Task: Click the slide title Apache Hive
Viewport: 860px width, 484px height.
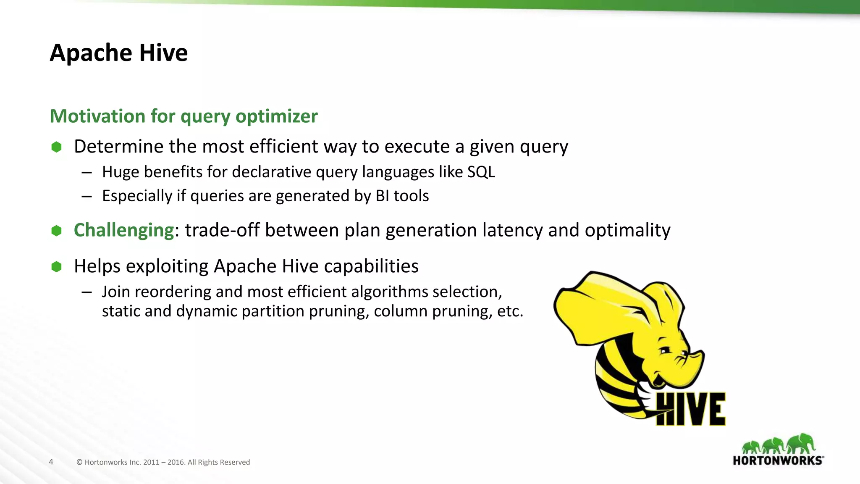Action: (119, 53)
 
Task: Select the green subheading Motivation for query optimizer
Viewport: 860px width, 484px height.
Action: (184, 116)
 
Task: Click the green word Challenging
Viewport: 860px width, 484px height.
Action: (124, 230)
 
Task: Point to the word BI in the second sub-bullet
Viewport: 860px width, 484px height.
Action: (382, 196)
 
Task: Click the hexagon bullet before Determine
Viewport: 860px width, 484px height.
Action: (56, 147)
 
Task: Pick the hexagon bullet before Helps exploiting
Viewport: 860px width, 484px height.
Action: (56, 267)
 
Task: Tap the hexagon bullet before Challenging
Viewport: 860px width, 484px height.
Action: (56, 231)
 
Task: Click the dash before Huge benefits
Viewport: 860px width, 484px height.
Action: (87, 173)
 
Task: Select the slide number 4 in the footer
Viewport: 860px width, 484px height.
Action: (51, 462)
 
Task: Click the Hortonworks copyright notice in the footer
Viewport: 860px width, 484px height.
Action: (163, 462)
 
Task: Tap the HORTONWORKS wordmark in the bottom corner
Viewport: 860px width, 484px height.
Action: (778, 460)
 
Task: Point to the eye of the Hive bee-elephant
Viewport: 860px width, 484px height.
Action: (665, 350)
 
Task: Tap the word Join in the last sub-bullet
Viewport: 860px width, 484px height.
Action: (116, 292)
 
